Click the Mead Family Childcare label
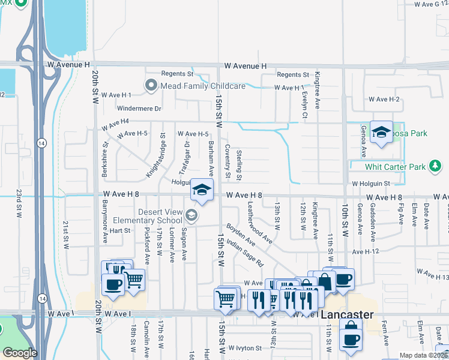[x=202, y=86]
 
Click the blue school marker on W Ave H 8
[x=202, y=190]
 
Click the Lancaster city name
[x=347, y=315]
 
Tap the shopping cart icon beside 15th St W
[x=226, y=298]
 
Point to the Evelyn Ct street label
[x=305, y=99]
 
